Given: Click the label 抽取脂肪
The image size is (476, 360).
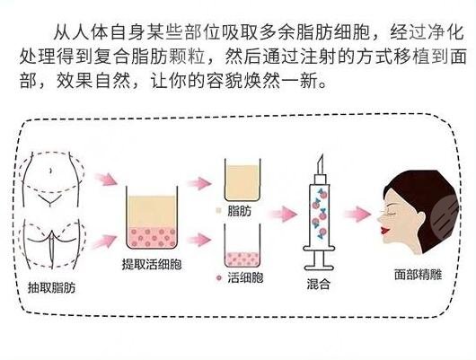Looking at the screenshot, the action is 51,287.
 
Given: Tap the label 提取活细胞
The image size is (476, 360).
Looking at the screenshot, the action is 152,264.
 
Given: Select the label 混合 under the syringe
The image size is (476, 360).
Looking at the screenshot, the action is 318,284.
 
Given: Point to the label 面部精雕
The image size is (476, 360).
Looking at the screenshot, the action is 418,274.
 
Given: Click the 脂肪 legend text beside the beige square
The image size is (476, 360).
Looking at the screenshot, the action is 240,211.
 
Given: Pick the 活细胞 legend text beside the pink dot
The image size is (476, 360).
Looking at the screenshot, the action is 245,277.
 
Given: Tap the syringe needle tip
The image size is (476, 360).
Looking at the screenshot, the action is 322,155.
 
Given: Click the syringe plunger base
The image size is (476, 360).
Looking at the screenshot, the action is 319,268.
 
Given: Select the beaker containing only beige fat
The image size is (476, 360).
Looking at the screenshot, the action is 242,180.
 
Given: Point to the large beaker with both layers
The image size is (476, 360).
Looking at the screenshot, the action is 152,217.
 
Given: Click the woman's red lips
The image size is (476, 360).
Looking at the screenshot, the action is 386,230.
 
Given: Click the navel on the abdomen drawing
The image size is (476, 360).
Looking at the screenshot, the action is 51,171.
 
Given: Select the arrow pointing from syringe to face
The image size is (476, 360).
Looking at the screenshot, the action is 358,214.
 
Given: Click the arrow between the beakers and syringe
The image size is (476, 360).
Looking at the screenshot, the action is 283,214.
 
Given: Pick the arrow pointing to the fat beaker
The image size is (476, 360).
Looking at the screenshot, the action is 199,183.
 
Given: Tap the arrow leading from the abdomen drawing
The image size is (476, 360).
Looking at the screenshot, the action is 105,180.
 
